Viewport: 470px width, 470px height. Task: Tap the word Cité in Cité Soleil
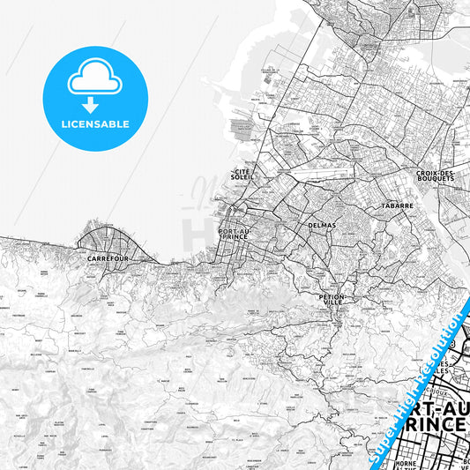(x=242, y=171)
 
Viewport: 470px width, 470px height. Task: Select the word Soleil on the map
(x=242, y=177)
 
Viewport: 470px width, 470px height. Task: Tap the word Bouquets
(x=438, y=178)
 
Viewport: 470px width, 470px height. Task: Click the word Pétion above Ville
(x=332, y=297)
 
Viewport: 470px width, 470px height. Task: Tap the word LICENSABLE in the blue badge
(x=94, y=124)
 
